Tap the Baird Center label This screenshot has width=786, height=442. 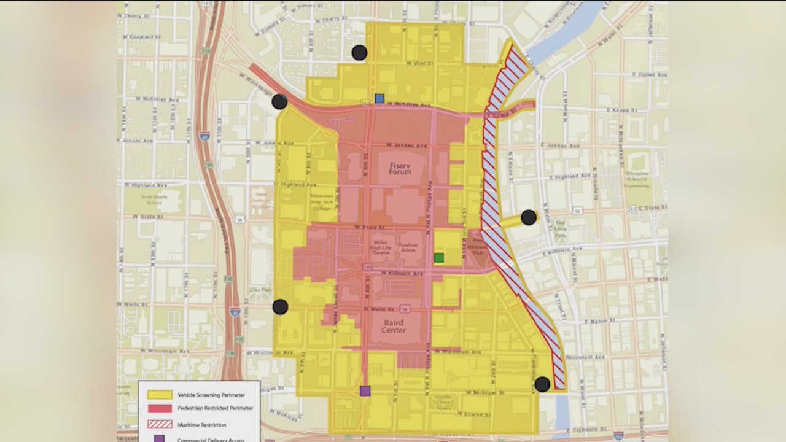[x=393, y=326]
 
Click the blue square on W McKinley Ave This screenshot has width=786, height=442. [x=379, y=98]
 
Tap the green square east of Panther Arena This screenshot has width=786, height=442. [x=438, y=258]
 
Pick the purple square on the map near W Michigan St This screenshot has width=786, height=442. [x=365, y=390]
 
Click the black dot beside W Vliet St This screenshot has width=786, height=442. [x=359, y=53]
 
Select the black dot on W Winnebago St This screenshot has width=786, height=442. [x=279, y=101]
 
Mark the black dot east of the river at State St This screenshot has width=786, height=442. [x=528, y=217]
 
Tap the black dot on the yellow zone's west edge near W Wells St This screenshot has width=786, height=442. [x=280, y=307]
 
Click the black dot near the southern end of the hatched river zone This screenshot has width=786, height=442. [x=542, y=384]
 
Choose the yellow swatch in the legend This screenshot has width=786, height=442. [x=159, y=394]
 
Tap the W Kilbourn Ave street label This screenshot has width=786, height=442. [x=402, y=273]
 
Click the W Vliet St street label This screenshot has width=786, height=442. [x=420, y=63]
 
